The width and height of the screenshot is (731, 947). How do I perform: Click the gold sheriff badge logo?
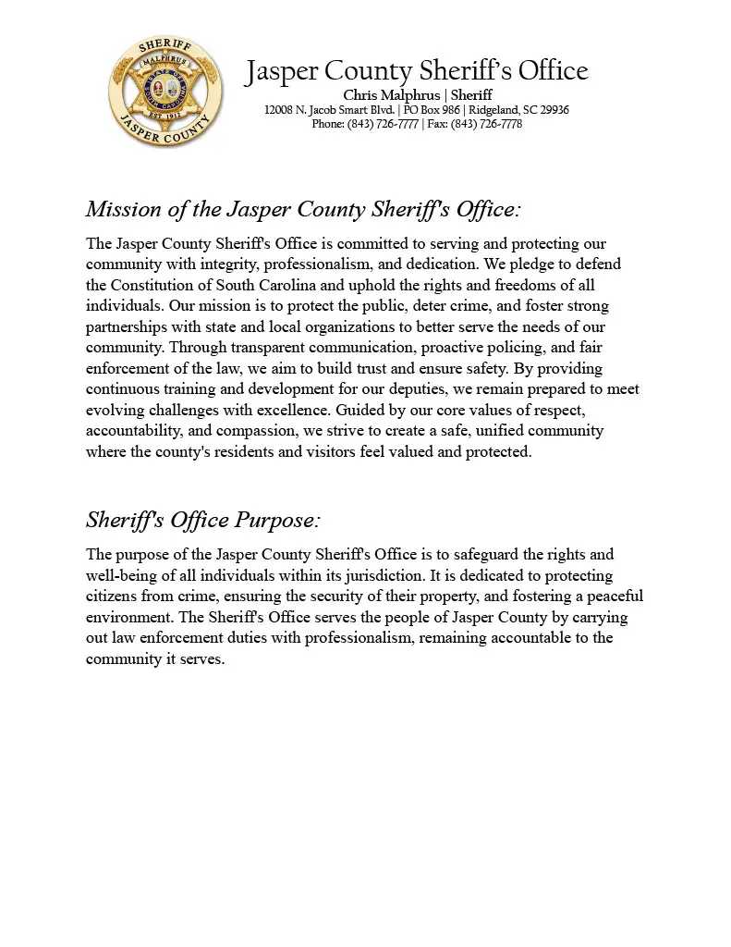(x=165, y=92)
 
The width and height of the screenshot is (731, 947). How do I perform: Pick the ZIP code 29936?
(x=552, y=110)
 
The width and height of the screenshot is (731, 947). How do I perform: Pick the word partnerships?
(x=129, y=327)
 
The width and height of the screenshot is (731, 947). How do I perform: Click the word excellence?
(x=293, y=410)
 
